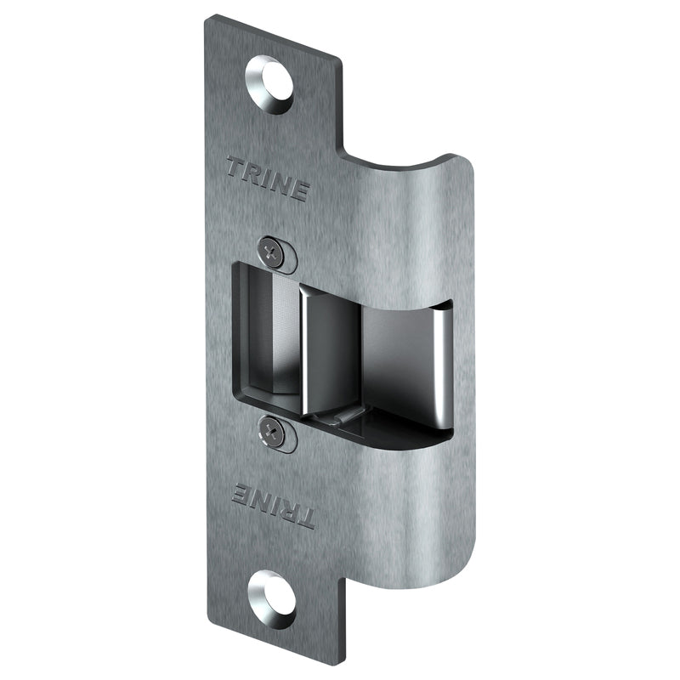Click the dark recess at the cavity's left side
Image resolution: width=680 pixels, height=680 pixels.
point(255,340)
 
